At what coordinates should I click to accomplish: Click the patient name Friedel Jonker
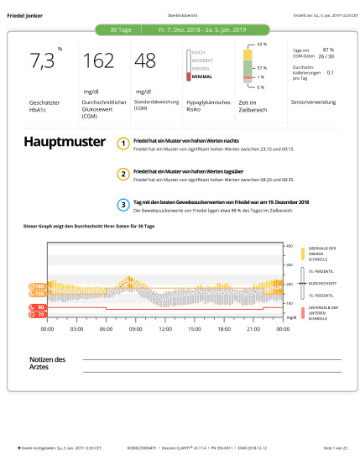25,16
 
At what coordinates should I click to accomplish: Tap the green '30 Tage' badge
121,29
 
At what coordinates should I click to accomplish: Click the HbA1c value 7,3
43,61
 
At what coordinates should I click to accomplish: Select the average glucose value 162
98,61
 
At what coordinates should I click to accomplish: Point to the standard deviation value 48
145,61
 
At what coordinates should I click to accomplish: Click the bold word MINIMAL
202,76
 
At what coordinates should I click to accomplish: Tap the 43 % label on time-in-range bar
261,43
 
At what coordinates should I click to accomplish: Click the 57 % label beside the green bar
261,67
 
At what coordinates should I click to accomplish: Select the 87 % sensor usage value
328,50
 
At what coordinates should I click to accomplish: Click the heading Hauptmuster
64,142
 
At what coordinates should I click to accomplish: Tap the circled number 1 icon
123,144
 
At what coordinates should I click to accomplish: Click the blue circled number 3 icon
123,204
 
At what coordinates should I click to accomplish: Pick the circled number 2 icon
123,174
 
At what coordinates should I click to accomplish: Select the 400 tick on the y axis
290,246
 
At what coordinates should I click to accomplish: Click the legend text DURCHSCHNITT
323,284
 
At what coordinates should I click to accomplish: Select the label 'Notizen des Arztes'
48,362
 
